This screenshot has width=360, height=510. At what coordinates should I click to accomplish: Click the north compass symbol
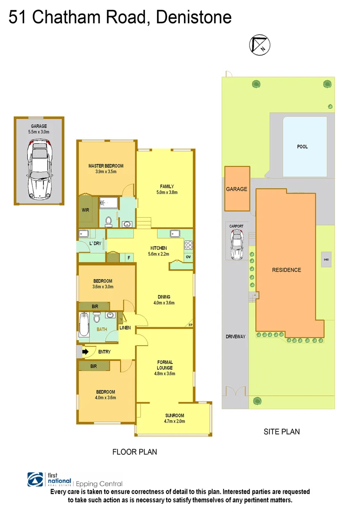(260, 45)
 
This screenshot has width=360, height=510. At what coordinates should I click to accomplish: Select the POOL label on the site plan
(302, 146)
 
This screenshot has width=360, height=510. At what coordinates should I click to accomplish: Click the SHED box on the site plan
(326, 260)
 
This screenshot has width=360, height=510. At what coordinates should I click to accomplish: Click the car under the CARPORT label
(236, 246)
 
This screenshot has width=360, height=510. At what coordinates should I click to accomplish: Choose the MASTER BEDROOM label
(106, 166)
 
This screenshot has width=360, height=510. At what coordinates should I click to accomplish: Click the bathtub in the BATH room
(84, 325)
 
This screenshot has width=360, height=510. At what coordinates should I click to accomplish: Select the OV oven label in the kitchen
(188, 257)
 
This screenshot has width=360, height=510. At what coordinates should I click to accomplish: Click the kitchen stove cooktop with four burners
(188, 245)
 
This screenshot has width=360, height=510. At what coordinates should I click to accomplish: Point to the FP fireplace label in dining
(190, 325)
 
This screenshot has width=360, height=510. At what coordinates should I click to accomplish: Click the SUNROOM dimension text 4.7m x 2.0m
(174, 421)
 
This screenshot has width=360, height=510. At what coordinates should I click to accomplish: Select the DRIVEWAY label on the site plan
(236, 337)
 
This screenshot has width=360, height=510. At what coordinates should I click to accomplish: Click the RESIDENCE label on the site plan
(286, 270)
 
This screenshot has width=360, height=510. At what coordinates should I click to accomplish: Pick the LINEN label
(125, 328)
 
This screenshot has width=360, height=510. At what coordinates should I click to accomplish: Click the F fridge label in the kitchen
(128, 258)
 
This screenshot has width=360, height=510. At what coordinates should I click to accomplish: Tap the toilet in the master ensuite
(108, 221)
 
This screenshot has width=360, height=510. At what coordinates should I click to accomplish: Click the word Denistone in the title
(193, 17)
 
